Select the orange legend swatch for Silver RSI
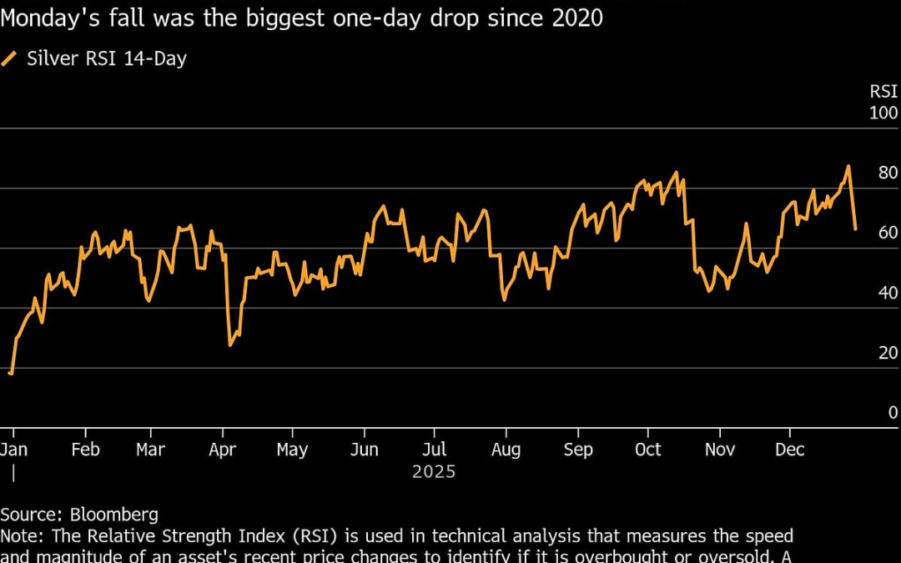tap(9, 58)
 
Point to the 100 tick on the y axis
tap(883, 113)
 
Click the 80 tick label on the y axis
tap(888, 173)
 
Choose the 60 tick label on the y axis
tap(888, 233)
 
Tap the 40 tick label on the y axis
tap(888, 293)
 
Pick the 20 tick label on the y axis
tap(888, 353)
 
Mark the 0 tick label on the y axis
tap(893, 413)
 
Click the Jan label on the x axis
tap(14, 450)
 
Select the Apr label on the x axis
tap(223, 450)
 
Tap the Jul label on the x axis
tap(433, 450)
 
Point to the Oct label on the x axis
tap(647, 450)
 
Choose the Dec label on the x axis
tap(789, 450)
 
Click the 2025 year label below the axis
tap(434, 472)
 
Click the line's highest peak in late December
tap(848, 166)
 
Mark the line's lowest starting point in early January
tap(10, 373)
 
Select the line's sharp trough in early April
tap(229, 344)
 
